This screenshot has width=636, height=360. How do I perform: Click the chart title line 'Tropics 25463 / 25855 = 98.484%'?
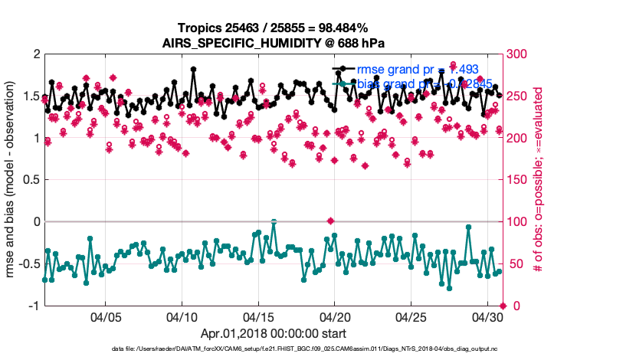click(274, 28)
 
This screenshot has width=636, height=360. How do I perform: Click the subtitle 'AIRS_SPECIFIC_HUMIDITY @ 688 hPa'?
click(274, 43)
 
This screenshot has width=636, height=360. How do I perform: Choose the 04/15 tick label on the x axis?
click(259, 316)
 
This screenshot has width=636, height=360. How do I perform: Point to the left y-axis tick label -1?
click(33, 306)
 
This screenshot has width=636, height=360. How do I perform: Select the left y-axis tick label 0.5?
click(30, 180)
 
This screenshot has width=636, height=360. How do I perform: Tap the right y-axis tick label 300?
click(521, 55)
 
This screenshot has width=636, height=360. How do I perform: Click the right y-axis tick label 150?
click(521, 180)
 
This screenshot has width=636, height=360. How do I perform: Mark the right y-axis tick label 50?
click(518, 264)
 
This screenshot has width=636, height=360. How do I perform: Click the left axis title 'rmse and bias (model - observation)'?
click(14, 180)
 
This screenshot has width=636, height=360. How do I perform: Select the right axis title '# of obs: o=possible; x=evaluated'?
click(539, 180)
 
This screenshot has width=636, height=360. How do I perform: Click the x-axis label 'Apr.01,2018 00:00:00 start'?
click(274, 333)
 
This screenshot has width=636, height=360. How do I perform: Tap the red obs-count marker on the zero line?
click(330, 221)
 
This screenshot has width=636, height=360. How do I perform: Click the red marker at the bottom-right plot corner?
click(503, 306)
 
